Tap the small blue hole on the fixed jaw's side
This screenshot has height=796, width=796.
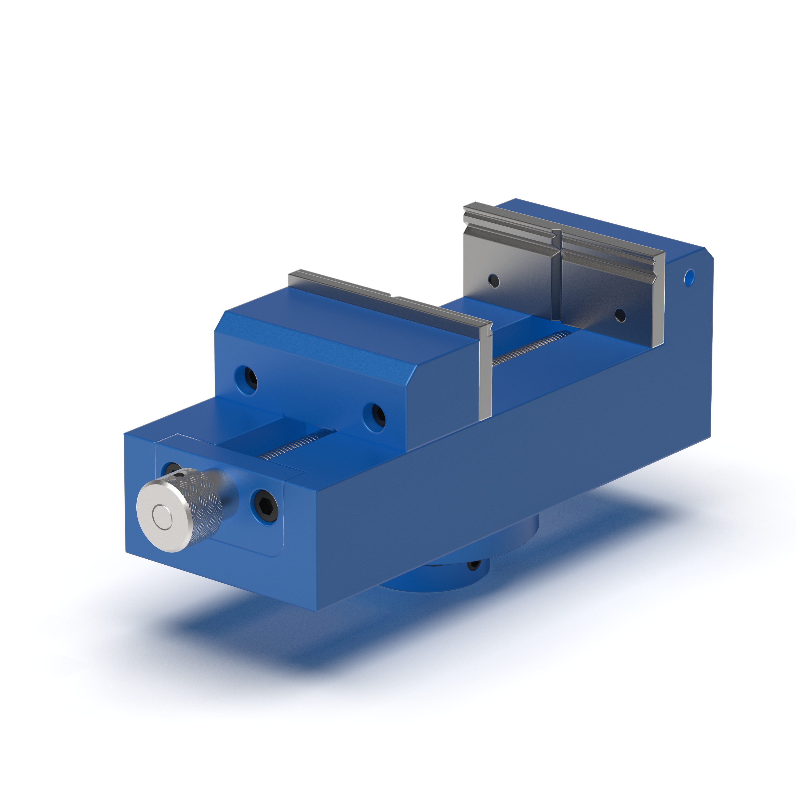point(689,278)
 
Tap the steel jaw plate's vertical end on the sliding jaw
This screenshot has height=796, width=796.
point(486,375)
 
